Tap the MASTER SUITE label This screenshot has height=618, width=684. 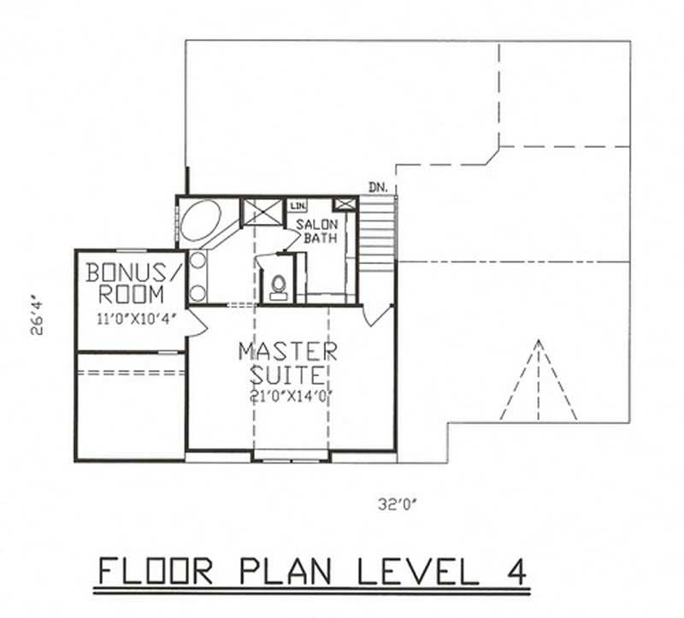pos(287,362)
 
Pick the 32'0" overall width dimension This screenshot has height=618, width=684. pos(398,505)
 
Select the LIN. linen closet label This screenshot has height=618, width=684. pos(298,206)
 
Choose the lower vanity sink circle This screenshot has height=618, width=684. pos(198,292)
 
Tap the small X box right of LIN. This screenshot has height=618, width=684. pos(345,204)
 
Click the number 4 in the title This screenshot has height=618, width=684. pos(513,569)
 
